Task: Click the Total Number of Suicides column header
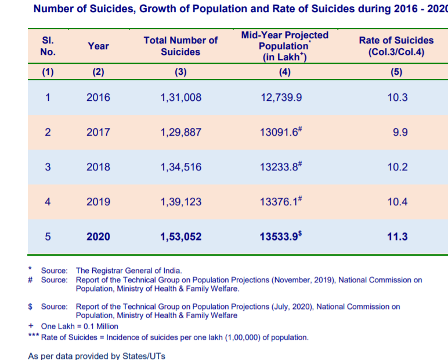[180, 46]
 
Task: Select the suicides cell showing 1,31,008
[180, 97]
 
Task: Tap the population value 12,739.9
[281, 97]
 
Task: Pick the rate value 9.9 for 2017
[400, 132]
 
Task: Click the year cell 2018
[98, 167]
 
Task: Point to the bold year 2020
[98, 237]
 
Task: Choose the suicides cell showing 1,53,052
[180, 237]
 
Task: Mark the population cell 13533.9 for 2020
[283, 237]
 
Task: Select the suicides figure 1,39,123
[180, 202]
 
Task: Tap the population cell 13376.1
[283, 202]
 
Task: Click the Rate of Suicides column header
[396, 46]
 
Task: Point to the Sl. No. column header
[48, 46]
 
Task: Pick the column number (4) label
[284, 72]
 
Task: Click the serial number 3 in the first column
[48, 167]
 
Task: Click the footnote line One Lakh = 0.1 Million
[80, 326]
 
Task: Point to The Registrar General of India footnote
[129, 270]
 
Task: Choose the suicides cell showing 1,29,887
[180, 132]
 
